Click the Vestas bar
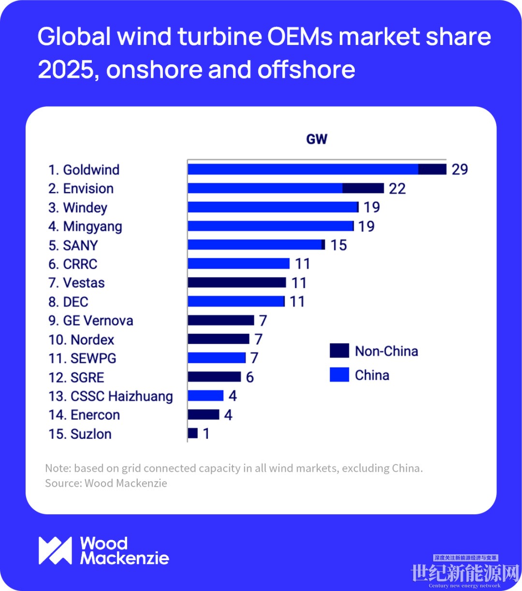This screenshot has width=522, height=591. [237, 282]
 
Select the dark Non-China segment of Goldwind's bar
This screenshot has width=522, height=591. [432, 169]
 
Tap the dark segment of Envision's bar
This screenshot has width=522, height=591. [363, 188]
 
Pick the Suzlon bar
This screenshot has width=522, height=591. [193, 434]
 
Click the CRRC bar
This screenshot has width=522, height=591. [238, 264]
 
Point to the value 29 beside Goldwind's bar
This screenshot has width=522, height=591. [460, 169]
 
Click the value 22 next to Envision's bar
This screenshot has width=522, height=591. [397, 188]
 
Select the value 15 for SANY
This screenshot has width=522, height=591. [338, 245]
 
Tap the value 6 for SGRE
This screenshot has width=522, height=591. [249, 377]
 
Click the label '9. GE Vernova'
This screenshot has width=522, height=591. [91, 321]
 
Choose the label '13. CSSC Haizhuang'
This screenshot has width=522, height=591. [110, 396]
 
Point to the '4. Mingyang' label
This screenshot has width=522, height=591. [85, 226]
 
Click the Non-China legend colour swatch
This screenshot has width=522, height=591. [339, 351]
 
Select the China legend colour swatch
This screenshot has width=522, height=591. [339, 375]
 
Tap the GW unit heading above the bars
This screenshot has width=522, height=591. [317, 139]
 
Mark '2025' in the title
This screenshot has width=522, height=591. [65, 70]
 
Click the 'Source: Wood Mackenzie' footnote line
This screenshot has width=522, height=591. [106, 483]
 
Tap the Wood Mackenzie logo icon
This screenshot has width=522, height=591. [55, 550]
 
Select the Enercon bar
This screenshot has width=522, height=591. [203, 415]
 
